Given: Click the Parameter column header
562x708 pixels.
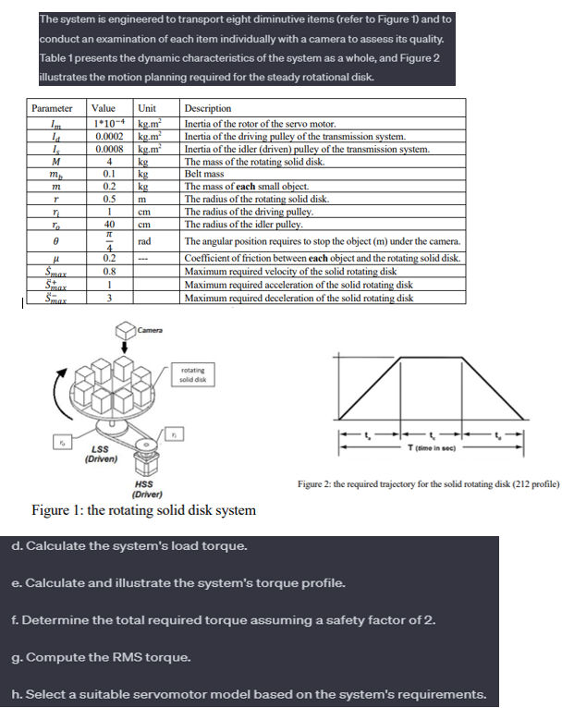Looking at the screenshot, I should pyautogui.click(x=52, y=109).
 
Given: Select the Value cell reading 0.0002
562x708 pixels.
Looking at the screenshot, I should pyautogui.click(x=109, y=135).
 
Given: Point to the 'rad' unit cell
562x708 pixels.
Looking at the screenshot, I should pyautogui.click(x=145, y=239).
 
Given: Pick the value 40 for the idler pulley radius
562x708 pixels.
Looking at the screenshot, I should pyautogui.click(x=110, y=224).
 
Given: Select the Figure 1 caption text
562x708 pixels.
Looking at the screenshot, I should pyautogui.click(x=143, y=510).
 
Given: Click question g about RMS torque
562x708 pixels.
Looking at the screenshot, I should pyautogui.click(x=102, y=657).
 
